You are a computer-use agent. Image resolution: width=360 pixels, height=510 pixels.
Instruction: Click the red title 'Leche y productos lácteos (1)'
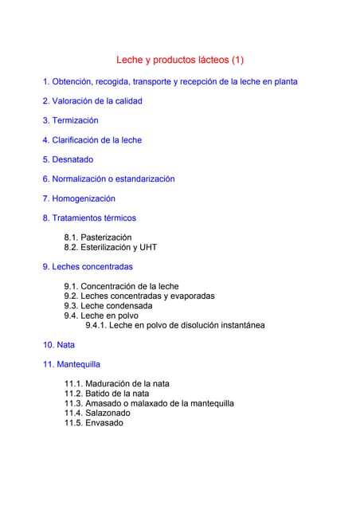(180, 60)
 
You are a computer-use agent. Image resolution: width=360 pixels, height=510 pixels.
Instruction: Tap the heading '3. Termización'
(70, 120)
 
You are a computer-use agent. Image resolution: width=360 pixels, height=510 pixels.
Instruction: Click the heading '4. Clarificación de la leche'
(92, 140)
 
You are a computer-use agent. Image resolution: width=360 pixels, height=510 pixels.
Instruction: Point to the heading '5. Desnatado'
(68, 159)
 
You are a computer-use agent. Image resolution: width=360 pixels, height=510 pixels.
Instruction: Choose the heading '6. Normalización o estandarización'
(108, 179)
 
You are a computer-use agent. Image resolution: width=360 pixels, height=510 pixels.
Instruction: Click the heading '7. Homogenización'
(79, 198)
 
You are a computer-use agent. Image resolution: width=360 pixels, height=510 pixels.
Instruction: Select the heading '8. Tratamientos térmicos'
(89, 218)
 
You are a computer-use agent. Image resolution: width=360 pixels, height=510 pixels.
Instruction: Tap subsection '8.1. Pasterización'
(98, 237)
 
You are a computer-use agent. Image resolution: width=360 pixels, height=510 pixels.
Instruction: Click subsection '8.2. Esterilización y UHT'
(111, 247)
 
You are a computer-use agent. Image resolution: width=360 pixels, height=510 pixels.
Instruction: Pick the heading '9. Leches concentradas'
(88, 267)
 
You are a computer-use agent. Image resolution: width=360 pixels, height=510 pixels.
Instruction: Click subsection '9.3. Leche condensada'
(108, 305)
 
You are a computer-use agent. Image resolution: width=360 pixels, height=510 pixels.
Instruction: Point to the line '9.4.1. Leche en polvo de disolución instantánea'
(175, 325)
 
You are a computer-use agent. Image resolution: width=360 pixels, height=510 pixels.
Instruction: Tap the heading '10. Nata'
(58, 345)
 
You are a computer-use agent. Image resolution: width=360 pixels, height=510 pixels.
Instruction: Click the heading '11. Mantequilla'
(71, 364)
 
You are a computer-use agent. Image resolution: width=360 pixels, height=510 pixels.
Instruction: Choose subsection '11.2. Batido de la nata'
(107, 393)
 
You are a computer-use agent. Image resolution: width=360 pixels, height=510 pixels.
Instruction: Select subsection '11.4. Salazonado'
(97, 413)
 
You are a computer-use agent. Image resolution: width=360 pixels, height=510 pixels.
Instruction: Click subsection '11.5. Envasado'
(94, 422)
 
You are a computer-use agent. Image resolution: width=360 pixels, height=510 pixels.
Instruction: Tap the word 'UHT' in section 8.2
(148, 247)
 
